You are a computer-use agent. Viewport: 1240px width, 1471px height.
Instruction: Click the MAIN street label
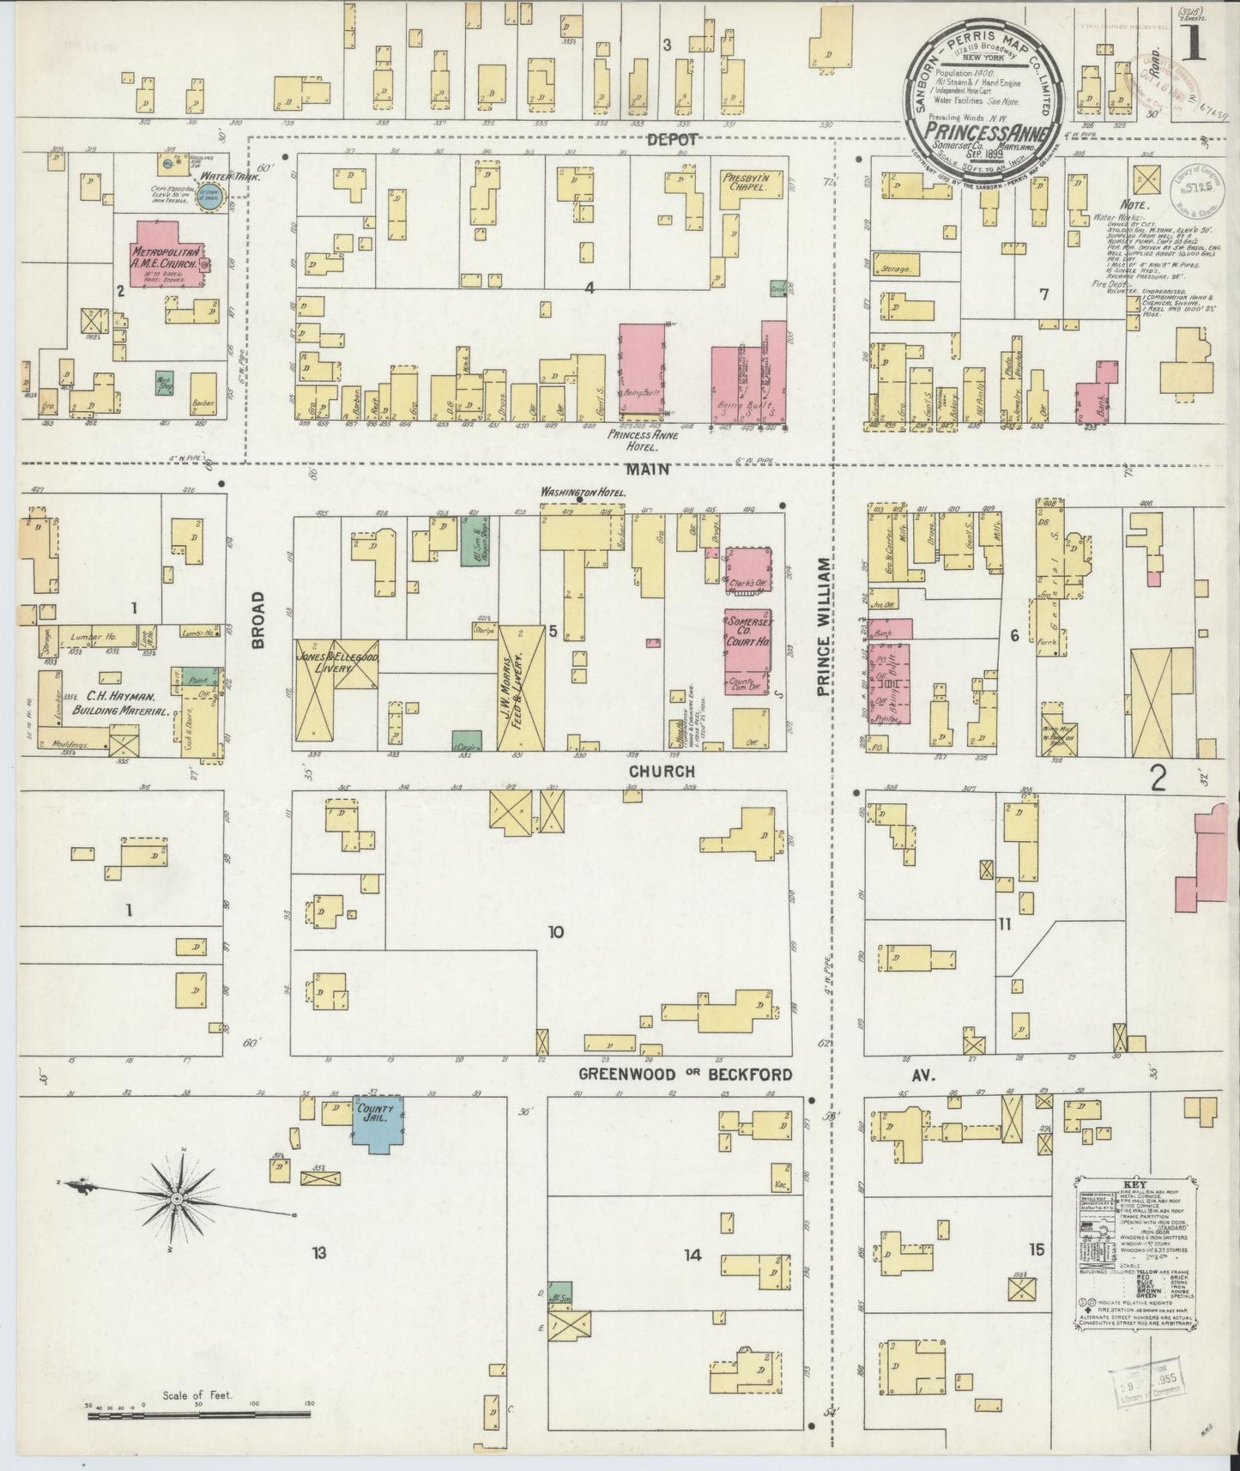coord(644,469)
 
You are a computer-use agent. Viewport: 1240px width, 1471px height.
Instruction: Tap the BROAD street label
coord(258,617)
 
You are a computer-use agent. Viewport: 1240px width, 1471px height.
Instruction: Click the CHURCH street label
coord(661,772)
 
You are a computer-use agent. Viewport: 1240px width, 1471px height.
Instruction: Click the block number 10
coord(556,931)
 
